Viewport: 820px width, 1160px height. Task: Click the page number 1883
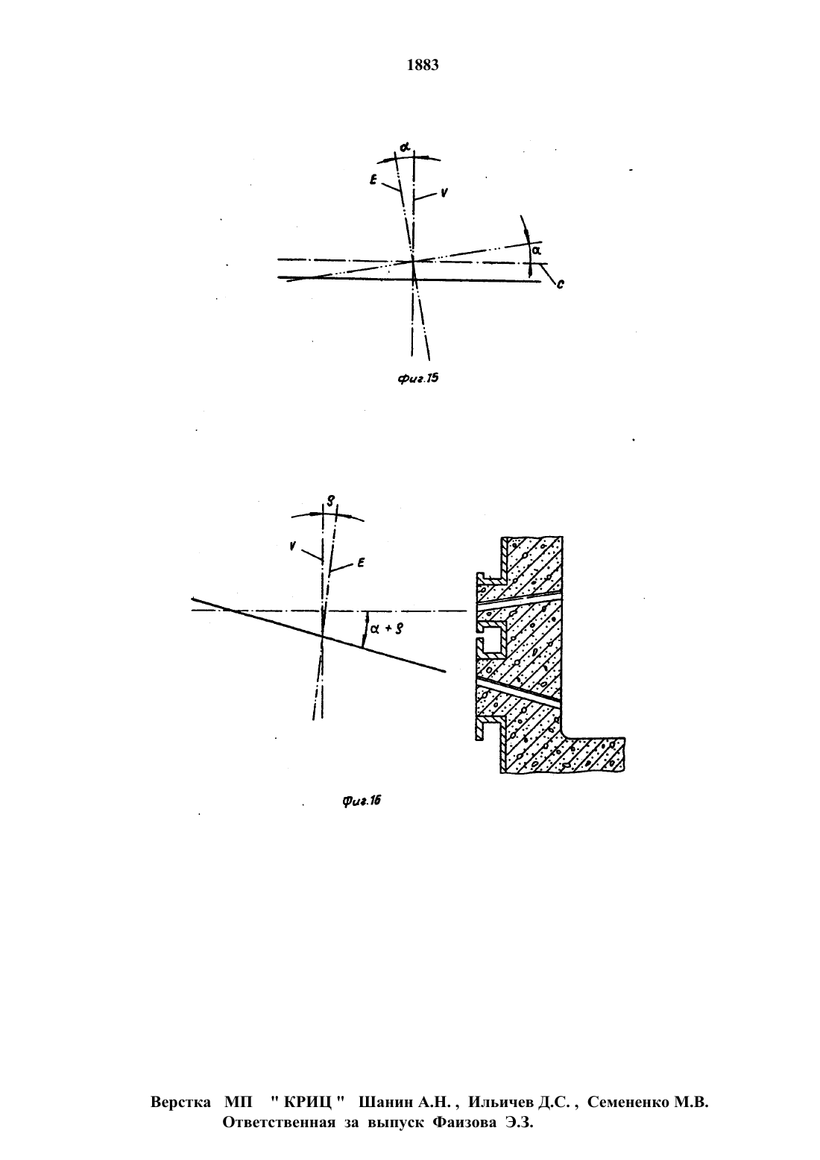pos(423,65)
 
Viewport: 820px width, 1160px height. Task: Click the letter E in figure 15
pos(373,180)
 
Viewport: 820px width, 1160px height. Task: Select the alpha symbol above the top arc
pos(405,148)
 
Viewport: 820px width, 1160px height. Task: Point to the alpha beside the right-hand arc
pos(536,250)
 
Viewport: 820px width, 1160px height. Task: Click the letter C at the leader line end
pos(561,284)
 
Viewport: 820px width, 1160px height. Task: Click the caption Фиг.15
pos(417,379)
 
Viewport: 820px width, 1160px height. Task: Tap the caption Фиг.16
pos(362,801)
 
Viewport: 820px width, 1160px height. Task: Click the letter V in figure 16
pos(293,545)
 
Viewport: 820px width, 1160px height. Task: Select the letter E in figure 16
pos(360,563)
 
